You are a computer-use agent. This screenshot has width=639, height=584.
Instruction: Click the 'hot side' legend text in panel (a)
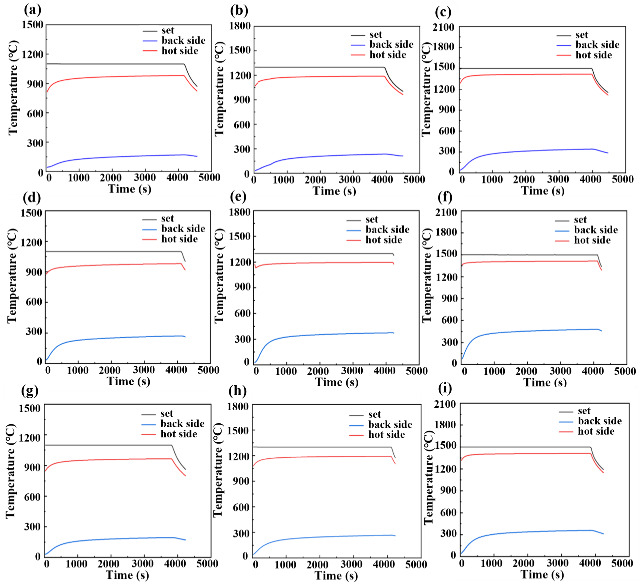pos(180,51)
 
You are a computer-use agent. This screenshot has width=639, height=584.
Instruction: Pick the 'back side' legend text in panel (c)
pos(597,45)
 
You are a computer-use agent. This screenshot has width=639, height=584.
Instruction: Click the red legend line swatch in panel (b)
pos(358,55)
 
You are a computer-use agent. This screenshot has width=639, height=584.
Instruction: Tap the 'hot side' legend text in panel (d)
pos(179,239)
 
